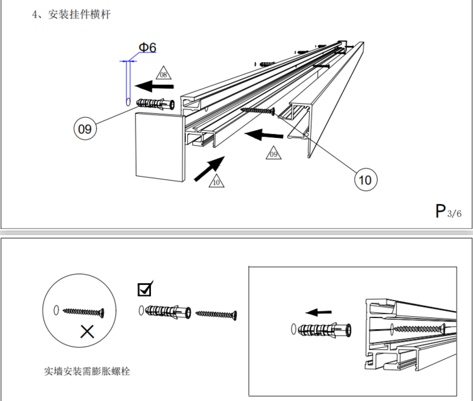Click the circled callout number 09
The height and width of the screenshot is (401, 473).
coord(85,129)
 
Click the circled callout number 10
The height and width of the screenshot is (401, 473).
coord(365,179)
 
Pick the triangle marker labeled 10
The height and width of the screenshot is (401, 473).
coord(216,181)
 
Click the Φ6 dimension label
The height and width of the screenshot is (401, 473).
coord(147,47)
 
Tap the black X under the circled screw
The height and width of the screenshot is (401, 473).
coord(87,332)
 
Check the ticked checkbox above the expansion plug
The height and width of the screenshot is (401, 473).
coord(145,288)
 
